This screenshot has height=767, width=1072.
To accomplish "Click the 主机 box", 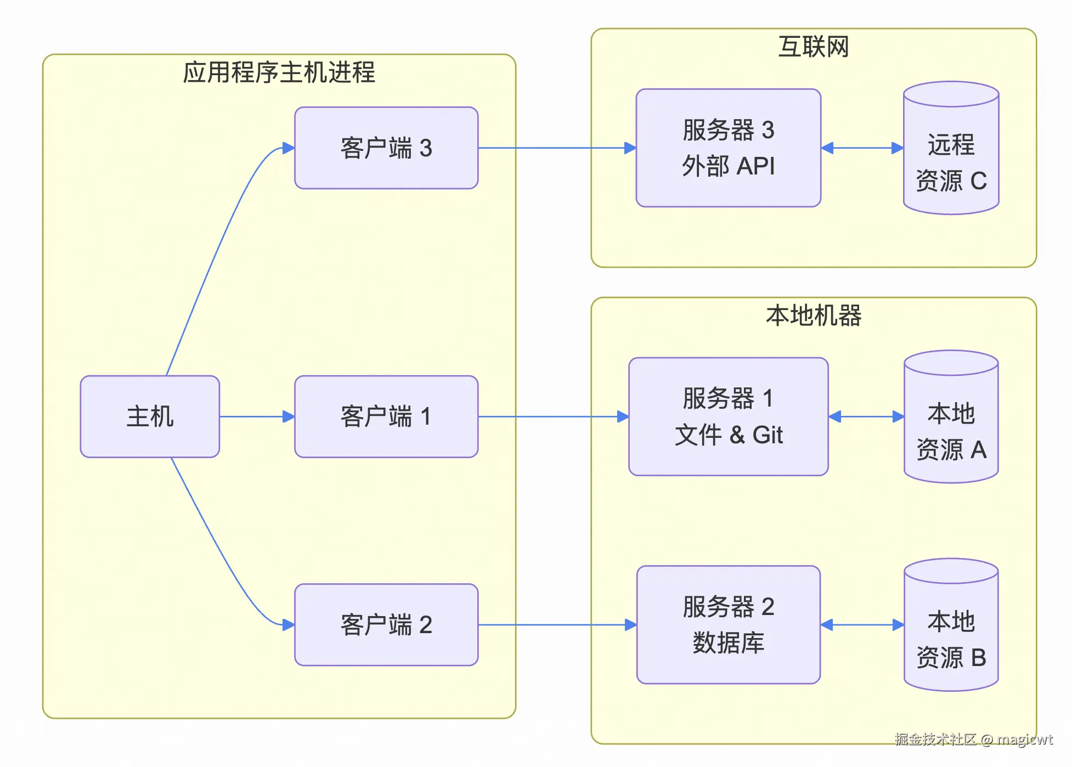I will [150, 416].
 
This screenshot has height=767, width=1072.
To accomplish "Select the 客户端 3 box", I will [386, 148].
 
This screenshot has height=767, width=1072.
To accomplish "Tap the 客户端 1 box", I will [386, 416].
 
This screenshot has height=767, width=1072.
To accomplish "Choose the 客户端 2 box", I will [386, 625].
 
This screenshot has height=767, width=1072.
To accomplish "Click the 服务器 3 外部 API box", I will [728, 148].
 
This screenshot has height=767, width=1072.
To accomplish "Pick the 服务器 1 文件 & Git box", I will [728, 416].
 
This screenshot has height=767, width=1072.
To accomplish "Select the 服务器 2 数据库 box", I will [728, 625].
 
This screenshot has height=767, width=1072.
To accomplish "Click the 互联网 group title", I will [814, 47].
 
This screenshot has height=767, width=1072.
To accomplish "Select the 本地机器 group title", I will [814, 315].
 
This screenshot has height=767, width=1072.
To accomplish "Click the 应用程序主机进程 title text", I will [279, 72].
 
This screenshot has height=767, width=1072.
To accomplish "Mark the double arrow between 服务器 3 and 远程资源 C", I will [862, 148].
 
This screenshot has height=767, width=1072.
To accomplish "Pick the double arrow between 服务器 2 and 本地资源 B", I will [862, 625].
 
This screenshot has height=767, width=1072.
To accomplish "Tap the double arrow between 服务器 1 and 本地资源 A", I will [866, 416].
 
